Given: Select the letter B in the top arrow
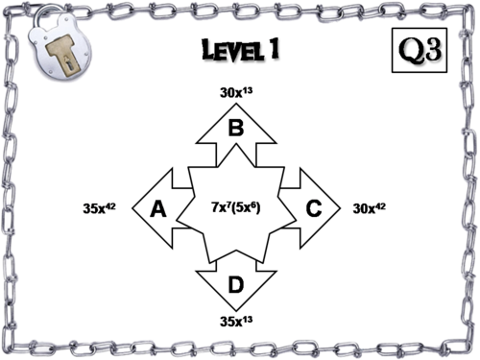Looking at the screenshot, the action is [234, 126].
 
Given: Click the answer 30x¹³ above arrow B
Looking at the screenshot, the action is [235, 92].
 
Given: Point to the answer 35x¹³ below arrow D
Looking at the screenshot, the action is [235, 322].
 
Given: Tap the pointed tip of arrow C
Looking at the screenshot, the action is [340, 207].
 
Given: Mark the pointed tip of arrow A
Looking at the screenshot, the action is [131, 207].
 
